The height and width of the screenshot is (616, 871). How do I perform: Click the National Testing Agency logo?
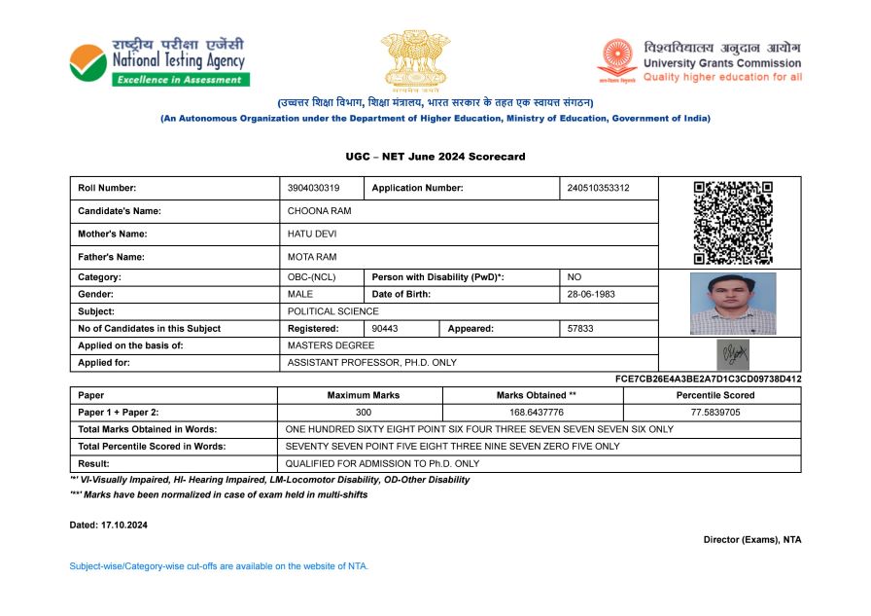[x=157, y=61]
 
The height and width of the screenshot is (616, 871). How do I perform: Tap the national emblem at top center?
[x=415, y=58]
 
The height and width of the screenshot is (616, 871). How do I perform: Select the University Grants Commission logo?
[x=700, y=61]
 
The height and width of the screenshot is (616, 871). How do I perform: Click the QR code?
[x=732, y=223]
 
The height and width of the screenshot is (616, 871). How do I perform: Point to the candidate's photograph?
[x=732, y=304]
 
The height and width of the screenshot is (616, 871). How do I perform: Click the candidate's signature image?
[x=732, y=353]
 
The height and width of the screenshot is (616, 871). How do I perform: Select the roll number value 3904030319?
[x=314, y=188]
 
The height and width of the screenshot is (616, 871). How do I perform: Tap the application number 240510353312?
[x=598, y=188]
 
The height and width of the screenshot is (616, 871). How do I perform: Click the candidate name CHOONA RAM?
[x=319, y=211]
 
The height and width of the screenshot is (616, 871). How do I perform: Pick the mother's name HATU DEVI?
[x=312, y=235]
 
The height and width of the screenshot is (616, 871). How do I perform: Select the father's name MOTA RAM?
[x=311, y=257]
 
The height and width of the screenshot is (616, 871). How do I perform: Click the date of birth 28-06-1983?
[x=591, y=294]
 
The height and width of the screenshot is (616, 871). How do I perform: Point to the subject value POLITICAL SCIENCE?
[x=332, y=311]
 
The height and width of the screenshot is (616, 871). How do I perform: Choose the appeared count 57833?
[x=580, y=329]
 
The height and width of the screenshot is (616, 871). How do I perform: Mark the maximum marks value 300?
[x=364, y=413]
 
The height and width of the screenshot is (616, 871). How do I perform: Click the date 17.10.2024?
[x=124, y=525]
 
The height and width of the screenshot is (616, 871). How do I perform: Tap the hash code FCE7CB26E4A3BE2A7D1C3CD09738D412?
[x=709, y=379]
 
